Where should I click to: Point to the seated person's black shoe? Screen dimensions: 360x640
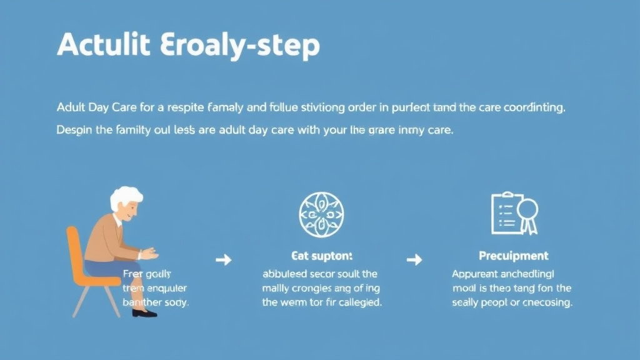144,312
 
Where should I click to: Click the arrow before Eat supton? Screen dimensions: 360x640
224,259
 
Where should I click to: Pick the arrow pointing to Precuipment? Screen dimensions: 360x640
414,259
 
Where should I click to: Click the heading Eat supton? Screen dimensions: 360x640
322,256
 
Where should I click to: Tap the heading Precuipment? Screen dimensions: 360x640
513,256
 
